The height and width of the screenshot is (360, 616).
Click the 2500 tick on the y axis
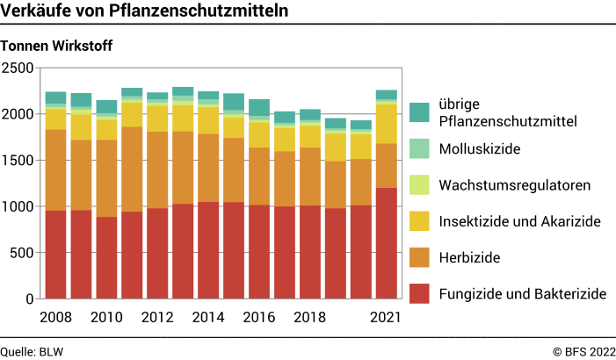pos(18,68)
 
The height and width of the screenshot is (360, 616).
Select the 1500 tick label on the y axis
pos(18,161)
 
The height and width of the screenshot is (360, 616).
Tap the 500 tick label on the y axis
pos(22,253)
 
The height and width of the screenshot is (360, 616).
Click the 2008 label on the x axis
pos(56,317)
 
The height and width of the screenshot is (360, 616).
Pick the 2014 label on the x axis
pos(208,317)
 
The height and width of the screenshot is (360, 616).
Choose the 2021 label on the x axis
pos(386,317)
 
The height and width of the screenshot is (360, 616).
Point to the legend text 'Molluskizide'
pos(480,149)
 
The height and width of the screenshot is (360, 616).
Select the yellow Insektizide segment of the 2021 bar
pos(386,123)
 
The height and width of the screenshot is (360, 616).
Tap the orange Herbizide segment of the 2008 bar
pos(56,169)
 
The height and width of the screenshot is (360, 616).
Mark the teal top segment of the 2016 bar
pos(259,107)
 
